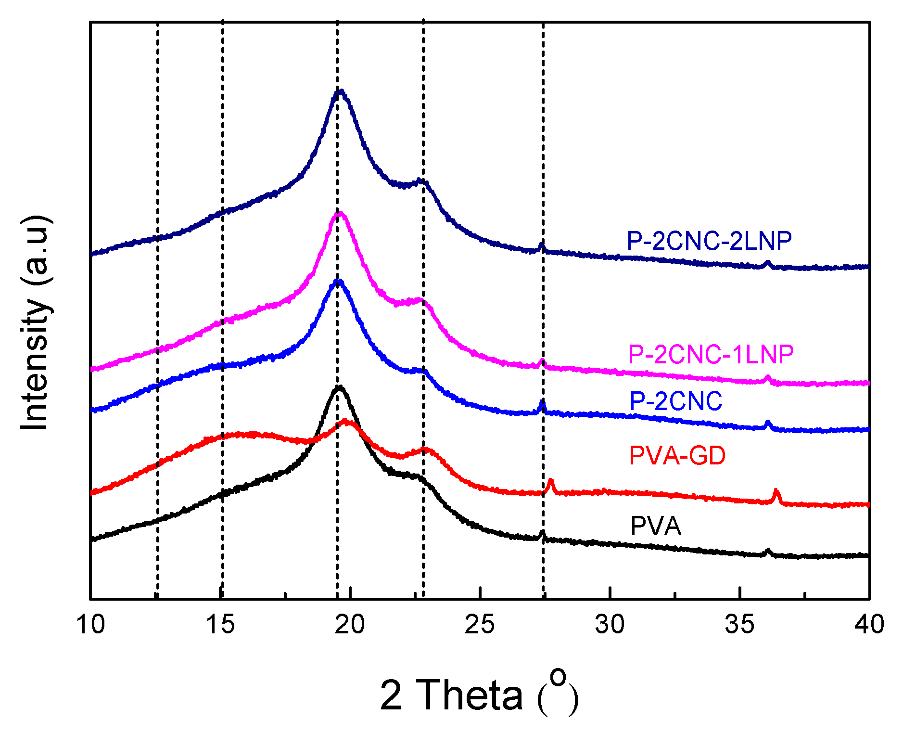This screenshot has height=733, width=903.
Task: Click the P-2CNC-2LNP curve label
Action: (x=709, y=241)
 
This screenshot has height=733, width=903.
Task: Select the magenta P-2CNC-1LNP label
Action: (x=711, y=355)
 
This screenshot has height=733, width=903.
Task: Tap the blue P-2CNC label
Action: (x=675, y=401)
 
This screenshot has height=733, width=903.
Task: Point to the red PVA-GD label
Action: (x=677, y=455)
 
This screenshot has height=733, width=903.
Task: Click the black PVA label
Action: (x=655, y=526)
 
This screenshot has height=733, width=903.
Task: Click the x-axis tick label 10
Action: (x=90, y=624)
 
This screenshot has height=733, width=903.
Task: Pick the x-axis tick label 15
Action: (x=220, y=624)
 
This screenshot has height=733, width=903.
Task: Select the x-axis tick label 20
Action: (x=350, y=624)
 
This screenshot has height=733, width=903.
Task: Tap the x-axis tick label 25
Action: (x=480, y=624)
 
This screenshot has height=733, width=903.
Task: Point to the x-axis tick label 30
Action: (x=610, y=624)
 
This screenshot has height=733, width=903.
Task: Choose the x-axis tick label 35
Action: (x=739, y=624)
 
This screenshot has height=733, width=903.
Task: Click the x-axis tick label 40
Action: (x=869, y=624)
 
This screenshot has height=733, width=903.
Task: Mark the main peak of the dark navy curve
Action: (x=340, y=90)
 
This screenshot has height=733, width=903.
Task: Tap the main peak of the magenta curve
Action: (x=340, y=213)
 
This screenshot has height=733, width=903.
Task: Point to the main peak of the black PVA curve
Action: (x=339, y=386)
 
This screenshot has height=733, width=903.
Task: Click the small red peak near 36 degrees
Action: (x=776, y=491)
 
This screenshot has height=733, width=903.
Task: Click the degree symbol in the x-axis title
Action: (x=558, y=677)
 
